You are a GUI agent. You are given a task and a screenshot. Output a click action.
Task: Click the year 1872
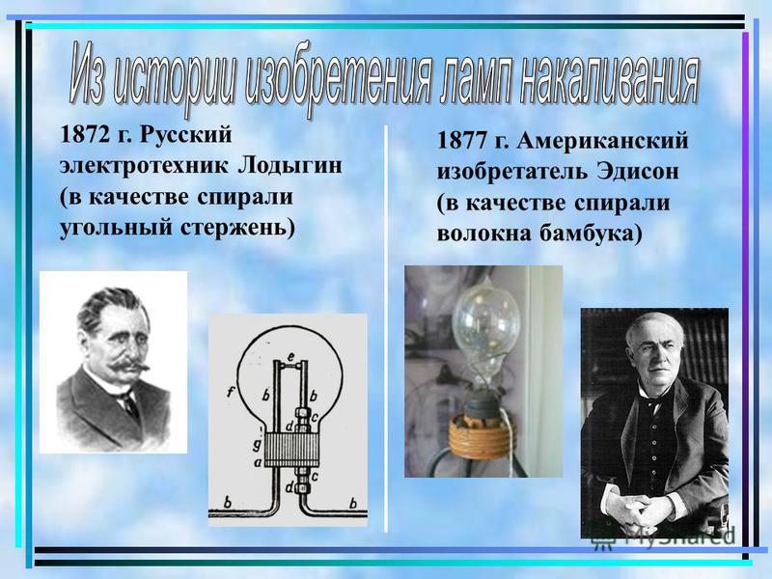[x=84, y=135]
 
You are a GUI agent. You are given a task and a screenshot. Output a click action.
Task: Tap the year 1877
[x=461, y=141]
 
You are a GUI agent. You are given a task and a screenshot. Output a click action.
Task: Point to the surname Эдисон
[x=638, y=172]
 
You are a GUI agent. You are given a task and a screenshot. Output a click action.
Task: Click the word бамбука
[x=591, y=233]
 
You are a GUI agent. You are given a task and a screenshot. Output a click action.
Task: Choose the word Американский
[x=602, y=141]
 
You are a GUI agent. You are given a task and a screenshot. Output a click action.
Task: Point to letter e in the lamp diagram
[x=291, y=355]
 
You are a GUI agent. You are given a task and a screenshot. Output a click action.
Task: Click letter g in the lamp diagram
[x=257, y=445]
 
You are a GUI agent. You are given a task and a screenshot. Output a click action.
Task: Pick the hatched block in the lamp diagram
[x=292, y=450]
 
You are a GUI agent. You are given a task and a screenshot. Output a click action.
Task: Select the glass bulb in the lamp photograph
[x=484, y=325]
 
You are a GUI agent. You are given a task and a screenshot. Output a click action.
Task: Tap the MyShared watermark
[x=662, y=537]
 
